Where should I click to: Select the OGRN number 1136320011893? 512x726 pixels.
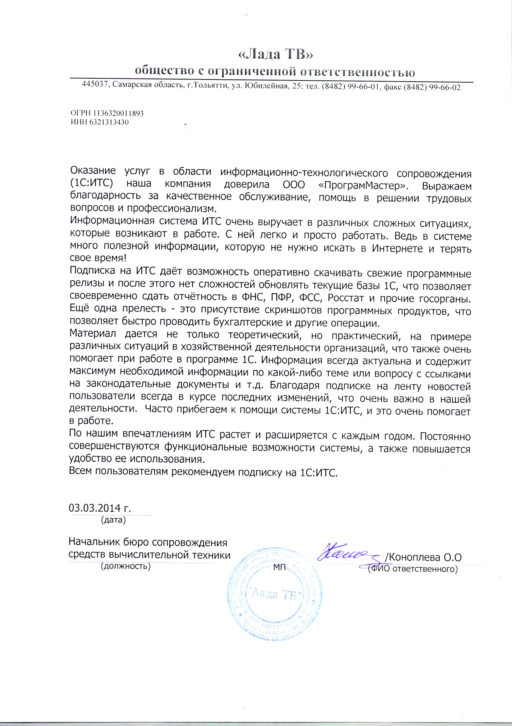[118, 113]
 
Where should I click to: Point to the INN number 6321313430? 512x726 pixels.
[109, 122]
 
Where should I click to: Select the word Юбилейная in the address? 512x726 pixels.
[265, 86]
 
